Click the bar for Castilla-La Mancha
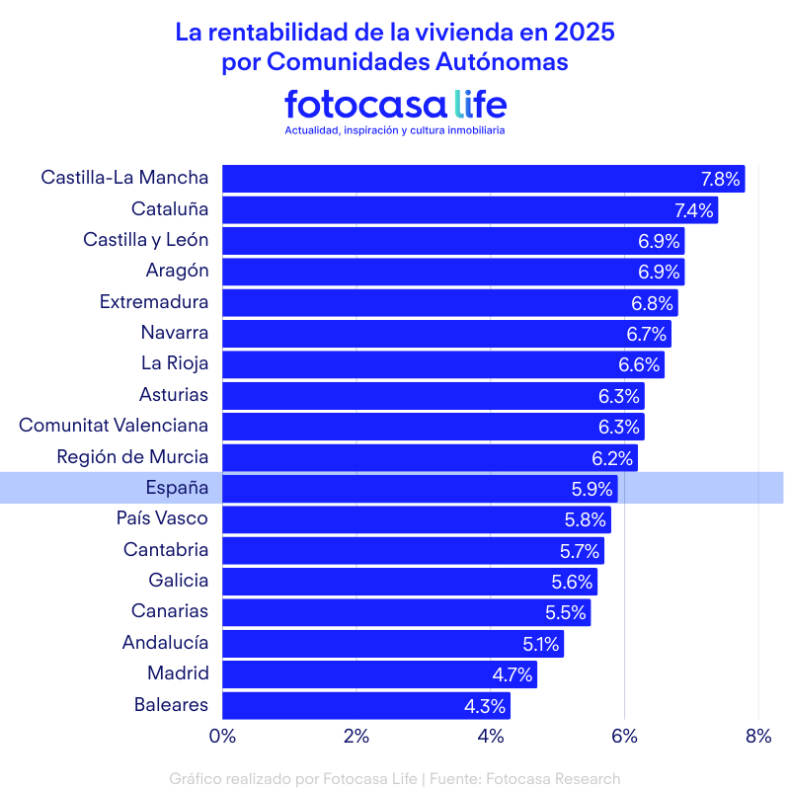point(454,179)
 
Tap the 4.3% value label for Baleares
point(485,706)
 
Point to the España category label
point(177,488)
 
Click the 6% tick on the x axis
point(624,735)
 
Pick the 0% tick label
point(222,735)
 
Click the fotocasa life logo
point(395,104)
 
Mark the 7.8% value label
point(720,179)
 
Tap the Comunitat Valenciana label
point(114,426)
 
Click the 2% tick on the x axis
point(356,735)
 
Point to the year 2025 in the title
point(584,32)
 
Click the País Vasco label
point(162,518)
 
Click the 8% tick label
point(757,735)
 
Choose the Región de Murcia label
point(132,456)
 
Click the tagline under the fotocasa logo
point(395,130)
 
